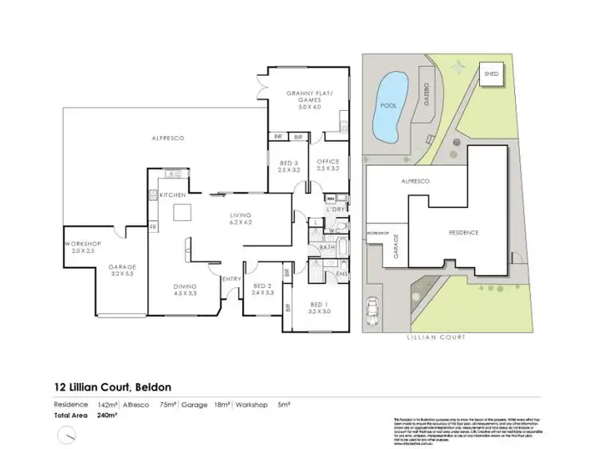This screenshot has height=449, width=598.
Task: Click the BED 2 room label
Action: pos(263,289)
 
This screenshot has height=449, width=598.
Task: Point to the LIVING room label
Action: pos(240,219)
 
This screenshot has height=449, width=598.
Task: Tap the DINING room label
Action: pos(184,289)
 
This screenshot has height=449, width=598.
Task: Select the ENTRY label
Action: pos(232,278)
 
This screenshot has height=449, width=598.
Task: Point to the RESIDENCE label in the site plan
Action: pos(462,232)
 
